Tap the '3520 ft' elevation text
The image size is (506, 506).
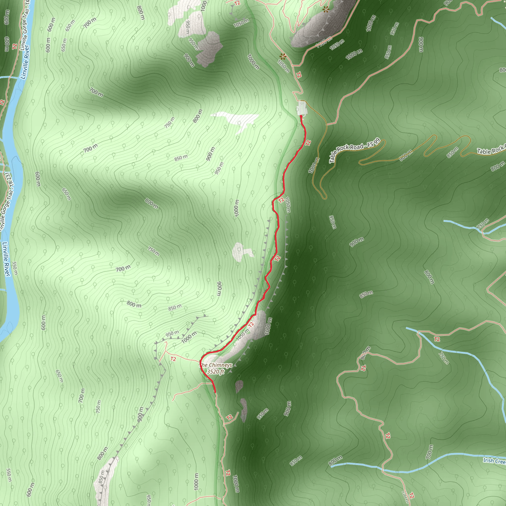pyautogui.click(x=215, y=372)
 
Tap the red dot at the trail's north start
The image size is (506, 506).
pyautogui.click(x=301, y=116)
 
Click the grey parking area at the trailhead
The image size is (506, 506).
pyautogui.click(x=301, y=108)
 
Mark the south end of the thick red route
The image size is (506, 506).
pyautogui.click(x=215, y=392)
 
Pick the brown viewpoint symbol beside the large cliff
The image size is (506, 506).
pyautogui.click(x=326, y=10)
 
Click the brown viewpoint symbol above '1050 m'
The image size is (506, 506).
pyautogui.click(x=283, y=56)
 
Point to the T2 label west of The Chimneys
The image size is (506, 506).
pyautogui.click(x=173, y=359)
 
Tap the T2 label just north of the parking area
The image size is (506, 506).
pyautogui.click(x=298, y=75)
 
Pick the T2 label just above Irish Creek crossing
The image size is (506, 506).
pyautogui.click(x=388, y=436)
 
